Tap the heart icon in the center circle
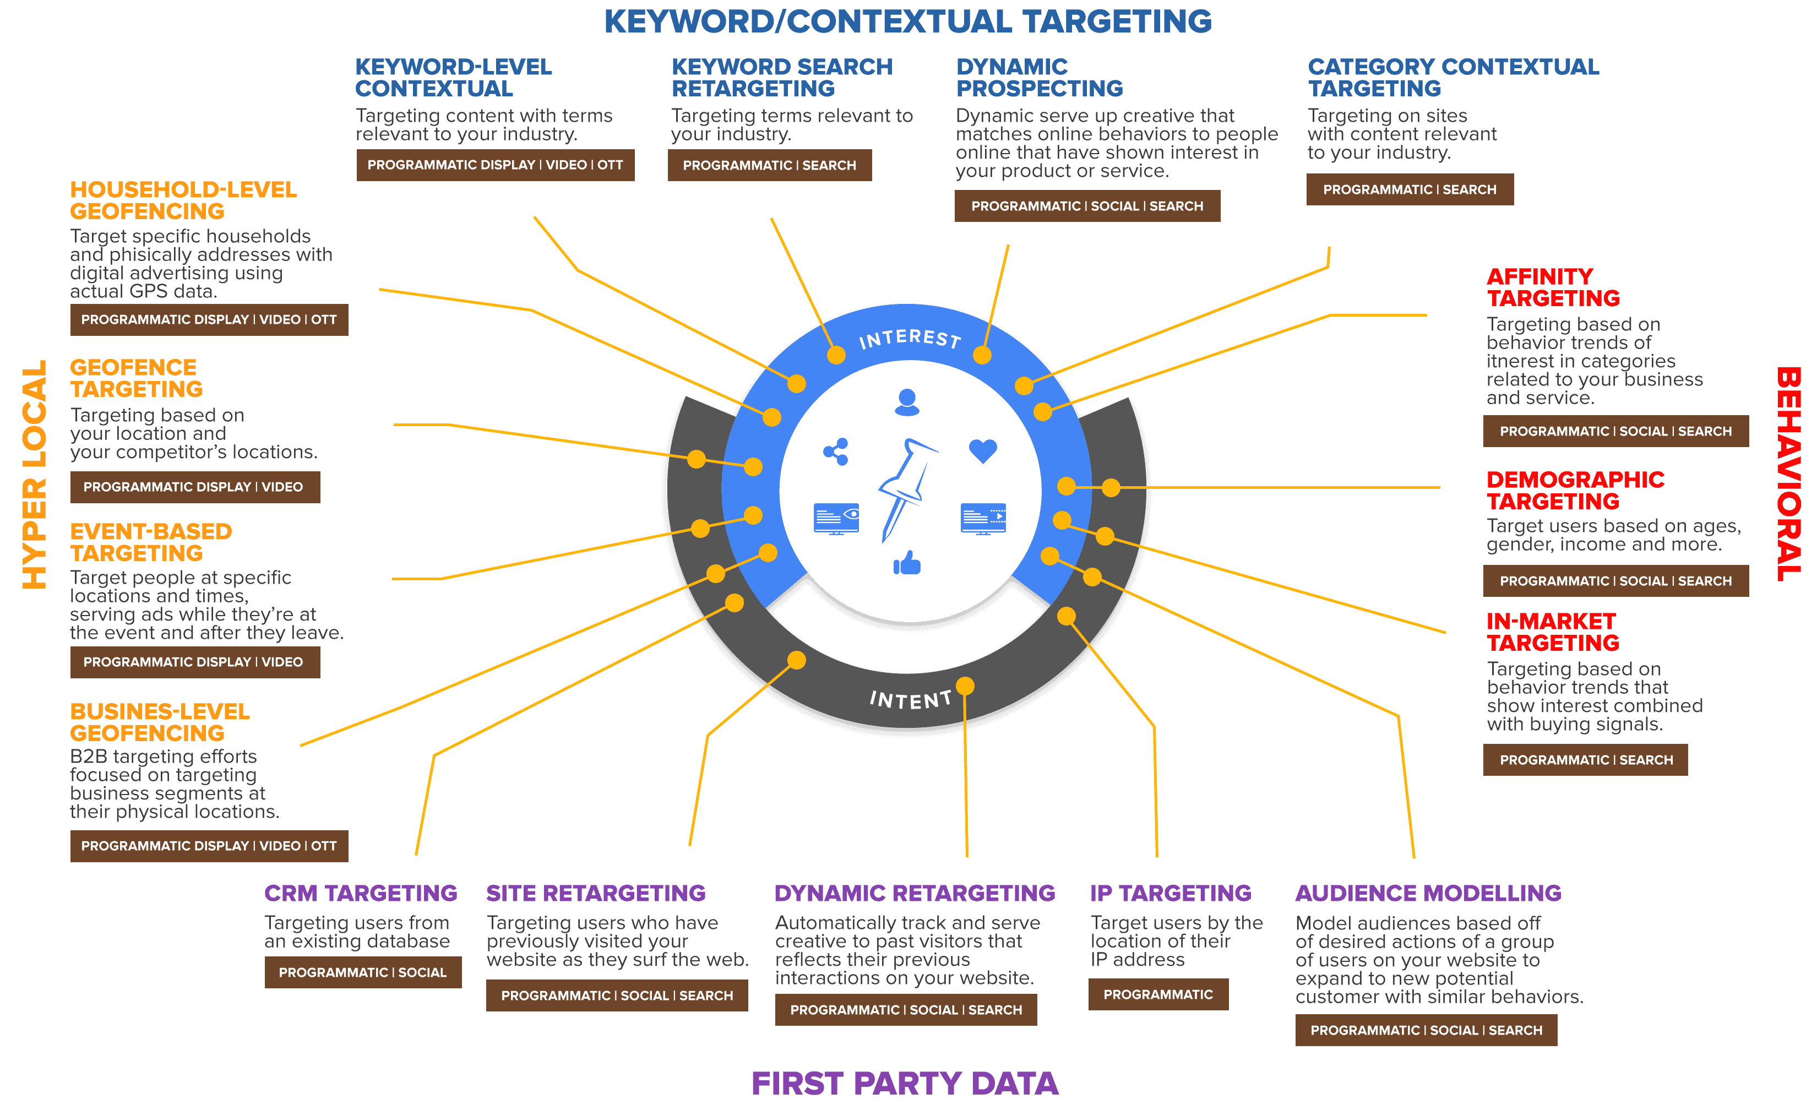pyautogui.click(x=982, y=450)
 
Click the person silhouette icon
pyautogui.click(x=907, y=402)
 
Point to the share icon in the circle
pyautogui.click(x=835, y=451)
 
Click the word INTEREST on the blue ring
pyautogui.click(x=910, y=339)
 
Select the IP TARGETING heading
pyautogui.click(x=1170, y=893)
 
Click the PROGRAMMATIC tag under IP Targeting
pyautogui.click(x=1158, y=994)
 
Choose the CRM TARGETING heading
pyautogui.click(x=361, y=893)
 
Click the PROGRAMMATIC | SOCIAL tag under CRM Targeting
pyautogui.click(x=362, y=972)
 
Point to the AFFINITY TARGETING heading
pyautogui.click(x=1553, y=287)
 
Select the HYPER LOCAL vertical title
pyautogui.click(x=35, y=474)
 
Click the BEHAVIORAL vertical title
pyautogui.click(x=1788, y=474)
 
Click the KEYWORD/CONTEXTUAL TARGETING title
pyautogui.click(x=908, y=21)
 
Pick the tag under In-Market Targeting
pyautogui.click(x=1585, y=760)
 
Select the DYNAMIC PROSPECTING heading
pyautogui.click(x=1039, y=78)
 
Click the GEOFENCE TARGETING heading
pyautogui.click(x=137, y=378)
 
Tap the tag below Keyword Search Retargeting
pyautogui.click(x=769, y=165)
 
